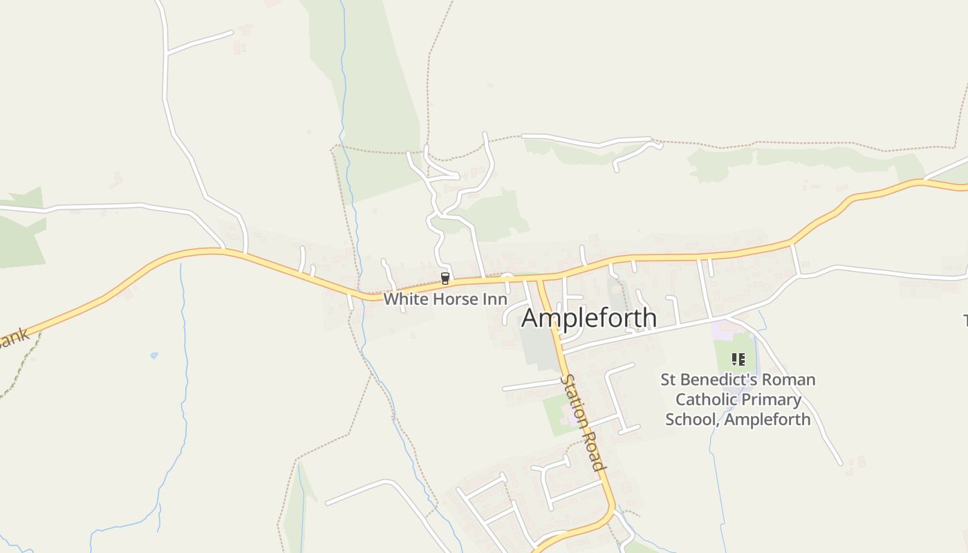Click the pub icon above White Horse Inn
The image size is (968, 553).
coord(445,279)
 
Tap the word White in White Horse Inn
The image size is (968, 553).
coord(401,300)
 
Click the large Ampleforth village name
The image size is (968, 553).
coord(588,319)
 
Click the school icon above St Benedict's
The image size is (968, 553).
coord(738,359)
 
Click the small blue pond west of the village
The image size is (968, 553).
coord(153,355)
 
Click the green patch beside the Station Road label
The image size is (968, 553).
coord(555,415)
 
